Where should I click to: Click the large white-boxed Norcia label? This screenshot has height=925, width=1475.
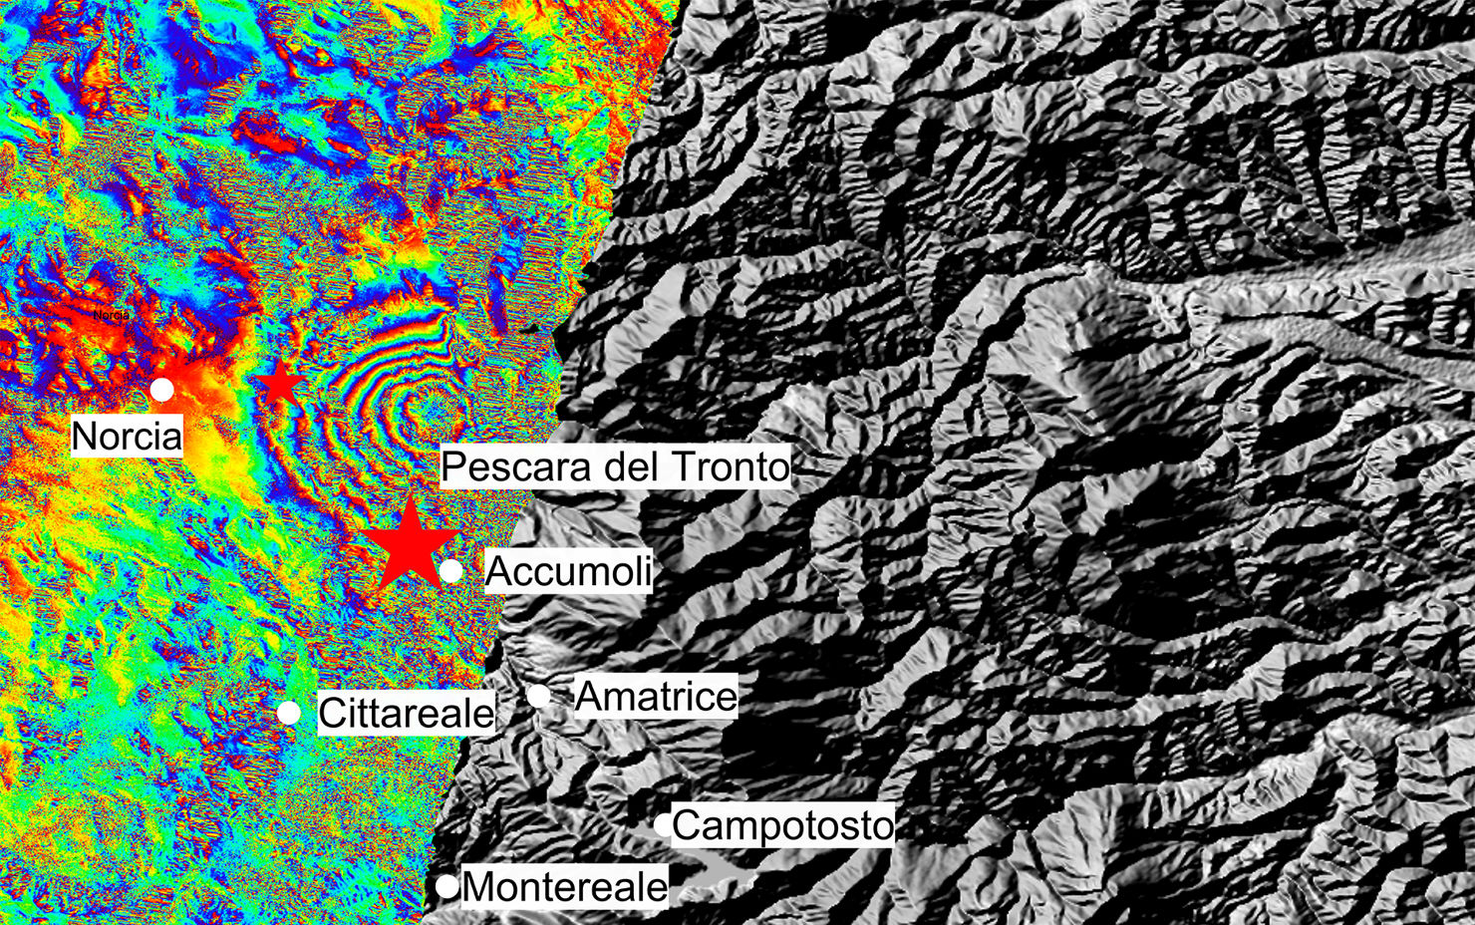pos(128,437)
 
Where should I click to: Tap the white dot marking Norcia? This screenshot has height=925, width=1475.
pos(161,389)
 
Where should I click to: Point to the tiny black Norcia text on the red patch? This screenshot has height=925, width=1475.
pos(111,315)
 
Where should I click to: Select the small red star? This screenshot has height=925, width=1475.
pos(279,384)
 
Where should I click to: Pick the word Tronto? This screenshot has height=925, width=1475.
pos(731,466)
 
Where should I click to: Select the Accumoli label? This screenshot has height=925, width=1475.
pos(568,571)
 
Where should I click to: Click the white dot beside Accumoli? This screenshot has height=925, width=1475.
pos(450,570)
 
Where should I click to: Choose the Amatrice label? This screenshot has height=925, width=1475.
pos(657,696)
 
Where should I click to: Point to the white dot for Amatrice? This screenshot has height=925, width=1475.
pos(538,696)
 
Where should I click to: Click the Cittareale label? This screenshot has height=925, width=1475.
pos(406,713)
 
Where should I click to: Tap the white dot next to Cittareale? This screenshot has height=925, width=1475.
pos(289,712)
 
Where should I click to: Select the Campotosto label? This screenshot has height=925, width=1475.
pos(783,825)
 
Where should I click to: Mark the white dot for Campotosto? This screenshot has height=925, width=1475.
pos(663,824)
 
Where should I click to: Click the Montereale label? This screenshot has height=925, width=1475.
pos(565,886)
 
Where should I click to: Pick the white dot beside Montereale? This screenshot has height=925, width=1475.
pos(446,885)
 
